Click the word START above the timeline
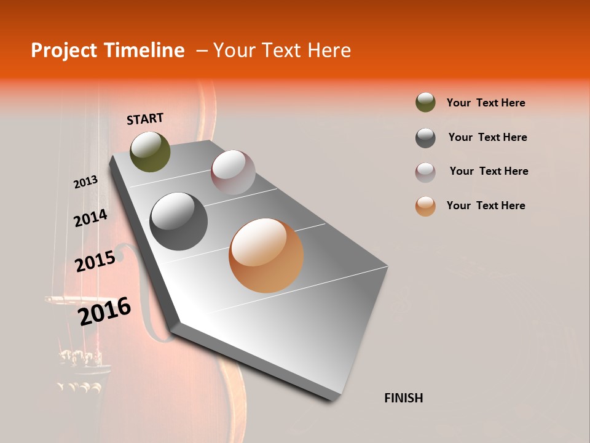click(145, 119)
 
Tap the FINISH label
click(403, 398)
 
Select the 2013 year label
click(85, 182)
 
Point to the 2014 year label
click(90, 218)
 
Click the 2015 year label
click(95, 261)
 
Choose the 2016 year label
click(104, 311)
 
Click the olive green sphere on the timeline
click(151, 152)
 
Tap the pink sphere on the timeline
click(233, 172)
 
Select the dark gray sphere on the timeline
click(178, 221)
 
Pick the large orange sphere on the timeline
click(266, 255)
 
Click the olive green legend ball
click(425, 103)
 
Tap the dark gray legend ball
click(425, 138)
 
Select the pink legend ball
click(425, 172)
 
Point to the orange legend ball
click(425, 206)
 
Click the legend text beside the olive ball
click(486, 103)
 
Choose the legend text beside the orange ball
click(486, 206)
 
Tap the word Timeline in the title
click(146, 50)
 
